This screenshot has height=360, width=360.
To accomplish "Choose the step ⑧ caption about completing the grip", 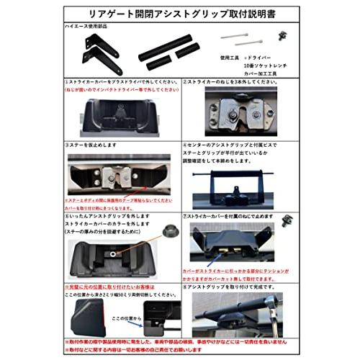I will (234, 285).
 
